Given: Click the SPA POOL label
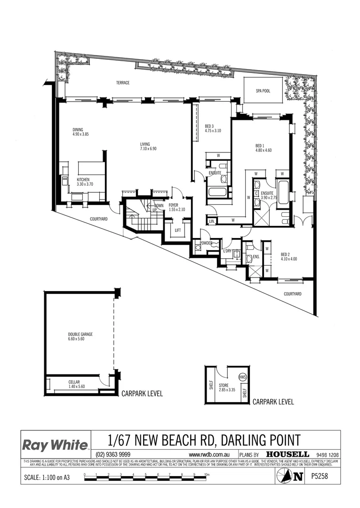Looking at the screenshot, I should pos(264,91).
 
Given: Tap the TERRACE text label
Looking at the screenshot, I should pos(123,83).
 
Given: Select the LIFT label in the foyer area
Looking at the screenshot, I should pos(177,230).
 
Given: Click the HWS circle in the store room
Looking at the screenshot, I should pos(243,377).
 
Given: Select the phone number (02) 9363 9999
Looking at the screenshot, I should pos(113,454).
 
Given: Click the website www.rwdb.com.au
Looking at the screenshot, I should pos(208,455).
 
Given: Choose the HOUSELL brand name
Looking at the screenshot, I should pos(288,454).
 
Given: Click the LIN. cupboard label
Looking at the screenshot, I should pos(212,221).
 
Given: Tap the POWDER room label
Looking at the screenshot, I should pos(206,243).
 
